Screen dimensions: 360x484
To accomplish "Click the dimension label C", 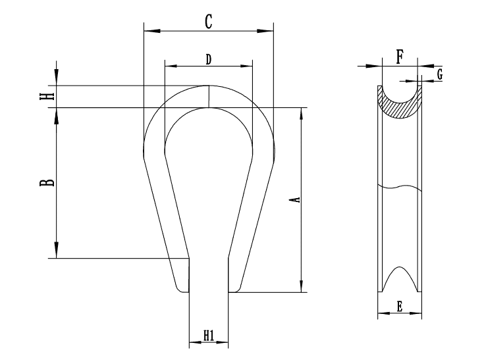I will coord(208,21).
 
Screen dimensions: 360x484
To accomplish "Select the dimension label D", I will coord(208,59).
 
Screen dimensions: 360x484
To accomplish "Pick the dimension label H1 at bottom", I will coord(208,336).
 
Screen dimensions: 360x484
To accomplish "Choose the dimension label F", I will coord(400,57).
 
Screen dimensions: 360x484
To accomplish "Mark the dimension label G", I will coord(439,74).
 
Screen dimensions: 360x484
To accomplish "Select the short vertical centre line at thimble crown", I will coord(208,96).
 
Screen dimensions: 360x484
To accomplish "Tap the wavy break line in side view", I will coord(399,188).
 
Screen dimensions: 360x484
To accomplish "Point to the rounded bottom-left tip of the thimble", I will coord(179,286).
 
